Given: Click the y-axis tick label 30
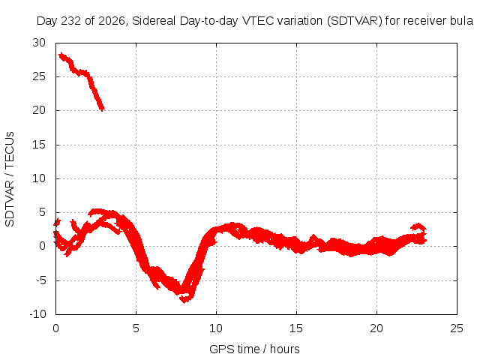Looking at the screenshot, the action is (39, 43).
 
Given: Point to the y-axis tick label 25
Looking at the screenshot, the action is (39, 76).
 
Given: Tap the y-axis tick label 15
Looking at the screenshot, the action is (39, 145).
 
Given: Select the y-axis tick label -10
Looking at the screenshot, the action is (37, 314).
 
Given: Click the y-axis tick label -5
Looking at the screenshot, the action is (41, 280).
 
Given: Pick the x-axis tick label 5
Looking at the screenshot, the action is (136, 328).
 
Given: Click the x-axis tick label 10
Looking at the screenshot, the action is (216, 328).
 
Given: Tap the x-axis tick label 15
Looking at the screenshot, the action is (296, 328).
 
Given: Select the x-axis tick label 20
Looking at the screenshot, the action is (376, 328).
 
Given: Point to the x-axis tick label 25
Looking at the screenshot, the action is (457, 328).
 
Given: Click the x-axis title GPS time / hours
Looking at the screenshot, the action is (254, 349).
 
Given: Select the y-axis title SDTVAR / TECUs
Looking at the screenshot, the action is (10, 179).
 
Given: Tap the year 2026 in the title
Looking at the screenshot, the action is (112, 21).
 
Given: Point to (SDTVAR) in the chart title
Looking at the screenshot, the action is (354, 21).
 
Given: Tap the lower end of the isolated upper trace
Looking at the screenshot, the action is (102, 109).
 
